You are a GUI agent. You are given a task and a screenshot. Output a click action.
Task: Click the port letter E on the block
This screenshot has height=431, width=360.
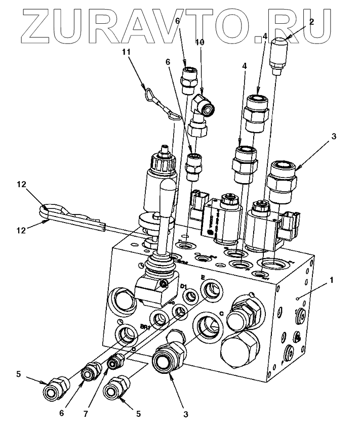tap(203, 277)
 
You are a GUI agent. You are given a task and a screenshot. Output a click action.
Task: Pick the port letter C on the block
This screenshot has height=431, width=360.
tap(222, 312)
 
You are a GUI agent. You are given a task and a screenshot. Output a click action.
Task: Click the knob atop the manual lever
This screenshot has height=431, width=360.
tap(167, 192)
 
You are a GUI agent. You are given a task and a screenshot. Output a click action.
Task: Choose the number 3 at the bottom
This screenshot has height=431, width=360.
tap(185, 414)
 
